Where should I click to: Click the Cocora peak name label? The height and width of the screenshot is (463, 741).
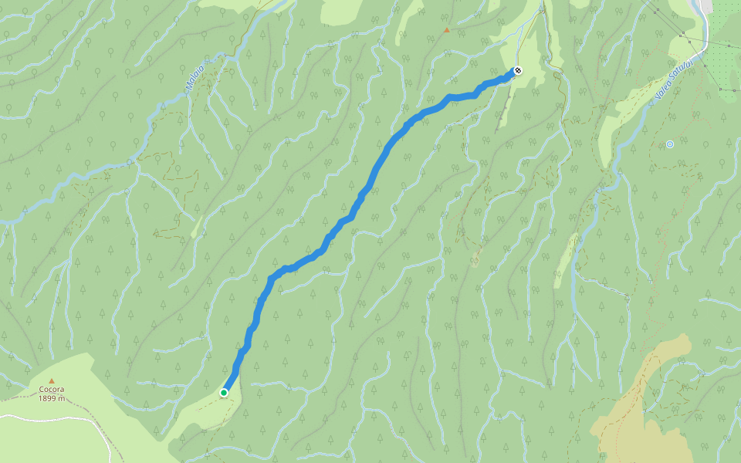52,390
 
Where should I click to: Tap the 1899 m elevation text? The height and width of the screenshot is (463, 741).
52,399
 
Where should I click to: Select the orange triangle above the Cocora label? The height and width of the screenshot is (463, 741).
52,381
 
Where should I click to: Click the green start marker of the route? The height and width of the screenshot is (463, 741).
224,393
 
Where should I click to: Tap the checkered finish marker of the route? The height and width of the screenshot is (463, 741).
517,71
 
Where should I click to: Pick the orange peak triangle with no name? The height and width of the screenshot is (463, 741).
446,30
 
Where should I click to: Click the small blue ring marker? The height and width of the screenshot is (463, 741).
670,144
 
